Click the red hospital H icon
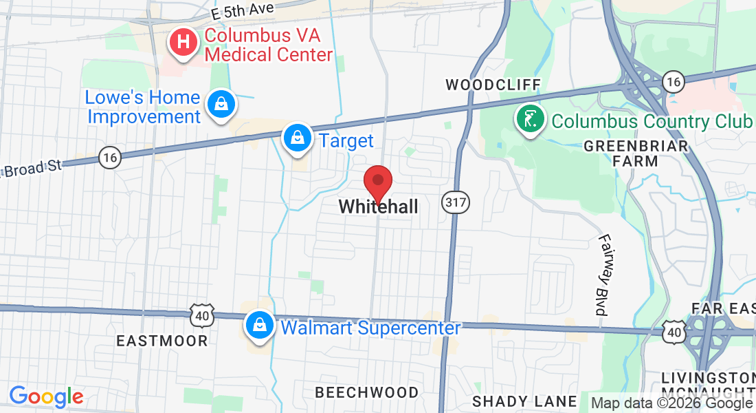click(184, 42)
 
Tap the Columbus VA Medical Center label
click(269, 45)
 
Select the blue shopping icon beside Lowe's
click(221, 105)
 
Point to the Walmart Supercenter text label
click(370, 328)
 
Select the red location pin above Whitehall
click(377, 182)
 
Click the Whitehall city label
click(378, 206)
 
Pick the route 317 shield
click(456, 202)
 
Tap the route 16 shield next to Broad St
click(109, 158)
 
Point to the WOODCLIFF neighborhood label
click(493, 85)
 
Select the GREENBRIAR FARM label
click(635, 153)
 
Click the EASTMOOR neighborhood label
click(162, 341)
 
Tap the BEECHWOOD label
click(366, 392)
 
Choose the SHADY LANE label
click(525, 401)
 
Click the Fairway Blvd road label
click(604, 275)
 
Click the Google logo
click(46, 396)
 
